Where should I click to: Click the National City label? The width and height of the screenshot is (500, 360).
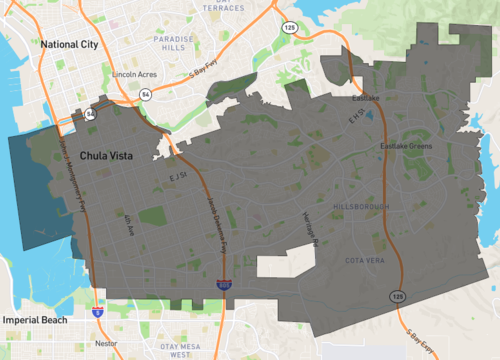pyautogui.click(x=70, y=45)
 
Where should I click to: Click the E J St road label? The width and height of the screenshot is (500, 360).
pyautogui.click(x=178, y=177)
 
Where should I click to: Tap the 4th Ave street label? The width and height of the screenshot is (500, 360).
pyautogui.click(x=127, y=224)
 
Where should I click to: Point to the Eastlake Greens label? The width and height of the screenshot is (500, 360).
pyautogui.click(x=406, y=146)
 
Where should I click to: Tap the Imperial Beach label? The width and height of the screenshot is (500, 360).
pyautogui.click(x=34, y=319)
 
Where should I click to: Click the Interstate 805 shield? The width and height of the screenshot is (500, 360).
pyautogui.click(x=224, y=285)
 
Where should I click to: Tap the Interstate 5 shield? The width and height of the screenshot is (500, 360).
pyautogui.click(x=97, y=312)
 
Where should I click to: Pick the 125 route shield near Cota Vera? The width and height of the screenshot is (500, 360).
pyautogui.click(x=397, y=297)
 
